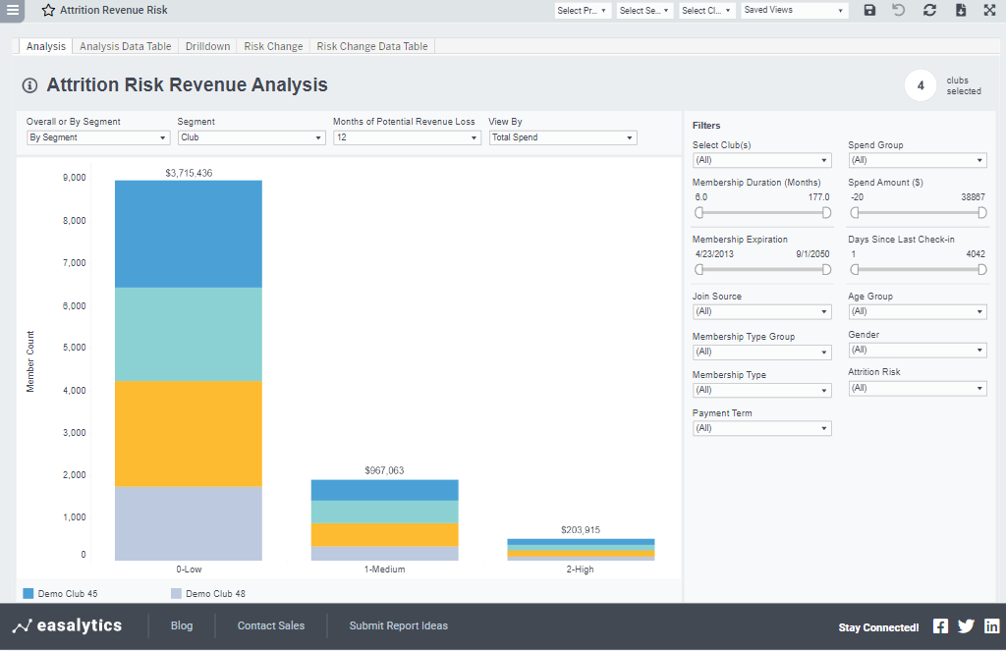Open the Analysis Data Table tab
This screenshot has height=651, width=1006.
pyautogui.click(x=125, y=46)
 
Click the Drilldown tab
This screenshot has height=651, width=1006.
pyautogui.click(x=207, y=46)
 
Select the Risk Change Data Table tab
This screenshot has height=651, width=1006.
pyautogui.click(x=371, y=46)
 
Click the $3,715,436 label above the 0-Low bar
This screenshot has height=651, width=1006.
pyautogui.click(x=189, y=173)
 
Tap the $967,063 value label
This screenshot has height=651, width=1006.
pyautogui.click(x=384, y=470)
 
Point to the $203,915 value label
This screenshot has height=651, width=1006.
pyautogui.click(x=581, y=530)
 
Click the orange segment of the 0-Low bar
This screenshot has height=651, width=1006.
pyautogui.click(x=189, y=433)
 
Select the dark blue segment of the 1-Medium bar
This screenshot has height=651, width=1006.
pyautogui.click(x=384, y=490)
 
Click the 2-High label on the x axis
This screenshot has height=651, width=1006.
pyautogui.click(x=581, y=570)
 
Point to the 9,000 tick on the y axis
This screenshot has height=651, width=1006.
pyautogui.click(x=74, y=178)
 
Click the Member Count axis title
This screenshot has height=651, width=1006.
pyautogui.click(x=30, y=362)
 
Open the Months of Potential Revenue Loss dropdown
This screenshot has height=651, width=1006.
pyautogui.click(x=407, y=137)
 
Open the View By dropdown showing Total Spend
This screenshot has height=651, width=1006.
pyautogui.click(x=563, y=137)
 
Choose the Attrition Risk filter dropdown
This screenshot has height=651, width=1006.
pyautogui.click(x=917, y=388)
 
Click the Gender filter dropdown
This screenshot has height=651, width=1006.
pyautogui.click(x=917, y=350)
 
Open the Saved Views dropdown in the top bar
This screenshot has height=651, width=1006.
pyautogui.click(x=794, y=10)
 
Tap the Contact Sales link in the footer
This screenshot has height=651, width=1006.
pyautogui.click(x=271, y=625)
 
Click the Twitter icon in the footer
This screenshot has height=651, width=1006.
pyautogui.click(x=966, y=626)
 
